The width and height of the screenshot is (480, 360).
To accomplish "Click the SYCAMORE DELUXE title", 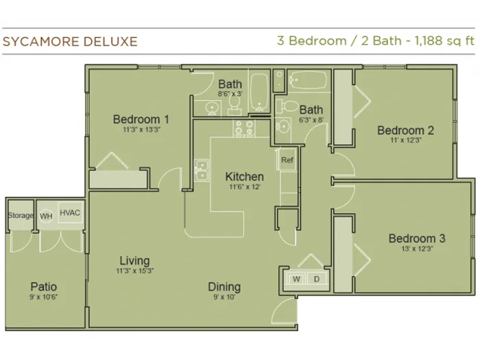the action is tap(70, 42).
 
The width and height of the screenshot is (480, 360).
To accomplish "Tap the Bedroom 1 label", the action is tap(141, 119).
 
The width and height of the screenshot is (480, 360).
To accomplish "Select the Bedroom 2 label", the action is tap(406, 130).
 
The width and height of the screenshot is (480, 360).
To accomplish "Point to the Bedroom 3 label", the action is tap(417, 239).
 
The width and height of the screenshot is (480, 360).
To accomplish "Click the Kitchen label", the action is tap(244, 177).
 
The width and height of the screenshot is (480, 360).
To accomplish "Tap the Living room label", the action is tap(134, 261).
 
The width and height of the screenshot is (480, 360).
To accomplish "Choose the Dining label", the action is tap(224, 287).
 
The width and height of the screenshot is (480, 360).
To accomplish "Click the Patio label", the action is tap(43, 287).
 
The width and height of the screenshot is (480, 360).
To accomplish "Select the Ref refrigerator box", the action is tap(287, 159).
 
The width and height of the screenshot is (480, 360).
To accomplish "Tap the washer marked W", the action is tap(296, 279).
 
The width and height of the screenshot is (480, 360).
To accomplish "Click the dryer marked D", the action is tap(317, 279).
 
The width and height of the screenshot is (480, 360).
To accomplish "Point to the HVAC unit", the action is tap(71, 213).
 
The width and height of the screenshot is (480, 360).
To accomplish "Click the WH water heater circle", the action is tap(46, 216).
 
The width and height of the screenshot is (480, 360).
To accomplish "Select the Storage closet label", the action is tap(20, 215).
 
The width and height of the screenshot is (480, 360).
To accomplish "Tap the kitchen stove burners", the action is tap(244, 128).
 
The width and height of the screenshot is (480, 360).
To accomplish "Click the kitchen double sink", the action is tap(202, 170).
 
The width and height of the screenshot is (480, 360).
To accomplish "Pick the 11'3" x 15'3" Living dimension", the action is tap(134, 271).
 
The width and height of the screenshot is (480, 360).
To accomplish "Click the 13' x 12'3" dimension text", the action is tap(417, 248).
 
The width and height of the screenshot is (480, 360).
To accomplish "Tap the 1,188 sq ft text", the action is tap(444, 41).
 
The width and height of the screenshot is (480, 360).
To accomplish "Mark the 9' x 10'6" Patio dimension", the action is tap(43, 297).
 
